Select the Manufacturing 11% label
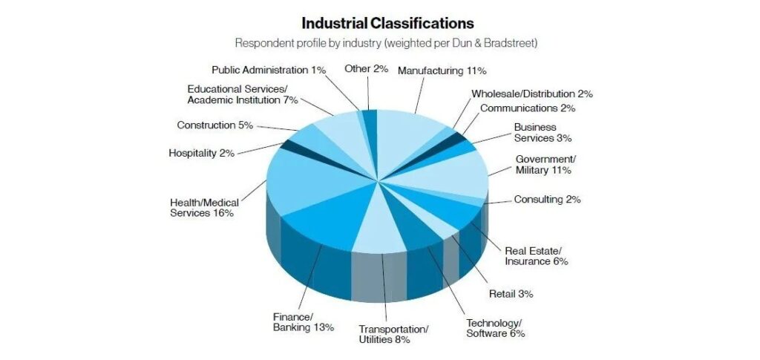pos(442,71)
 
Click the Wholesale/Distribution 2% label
pos(531,94)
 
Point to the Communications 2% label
pos(528,108)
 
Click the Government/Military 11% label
pos(545,165)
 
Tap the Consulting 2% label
pos(547,200)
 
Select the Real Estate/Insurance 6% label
pos(536,255)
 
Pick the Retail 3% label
pos(511,293)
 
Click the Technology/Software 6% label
pos(495,328)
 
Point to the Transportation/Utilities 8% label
pos(393,334)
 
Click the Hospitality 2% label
pos(202,153)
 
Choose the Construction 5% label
pos(215,125)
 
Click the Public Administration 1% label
pos(269,70)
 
